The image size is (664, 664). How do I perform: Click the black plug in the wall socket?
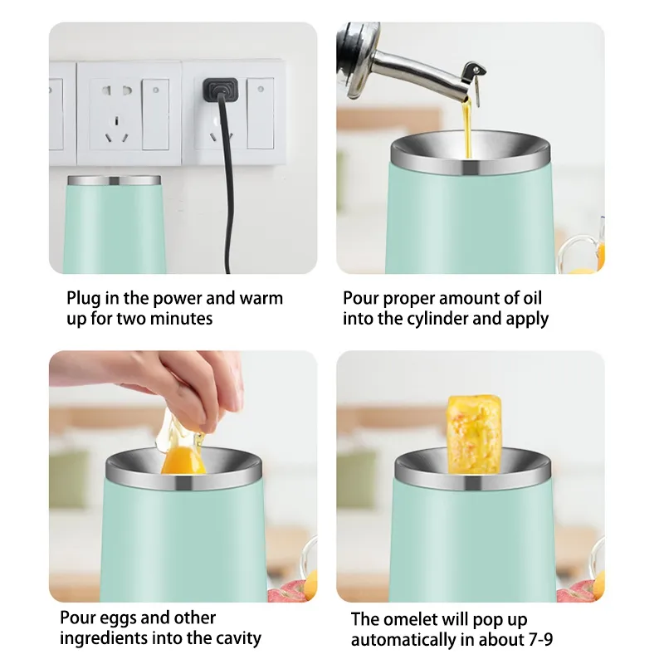click(220, 89)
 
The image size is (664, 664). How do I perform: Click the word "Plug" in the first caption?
click(83, 299)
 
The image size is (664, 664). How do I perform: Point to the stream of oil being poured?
click(467, 127)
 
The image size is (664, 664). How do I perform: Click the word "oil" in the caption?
click(532, 298)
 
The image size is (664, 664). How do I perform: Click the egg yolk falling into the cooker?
click(183, 461)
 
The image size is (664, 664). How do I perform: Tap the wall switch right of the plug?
click(260, 113)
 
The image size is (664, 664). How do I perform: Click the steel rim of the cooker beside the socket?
click(115, 180)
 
